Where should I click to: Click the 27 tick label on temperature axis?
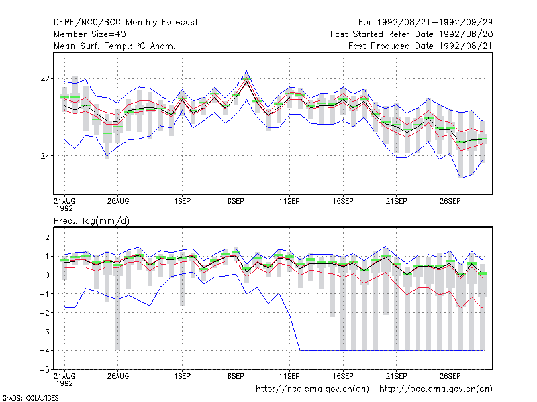tap(45, 78)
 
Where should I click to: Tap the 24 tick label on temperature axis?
tap(45, 156)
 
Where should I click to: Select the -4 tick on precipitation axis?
tap(45, 350)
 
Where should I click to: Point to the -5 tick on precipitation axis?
tap(45, 370)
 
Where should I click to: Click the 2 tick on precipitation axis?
tap(47, 237)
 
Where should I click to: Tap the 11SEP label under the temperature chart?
tap(289, 201)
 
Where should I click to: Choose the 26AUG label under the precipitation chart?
tap(118, 376)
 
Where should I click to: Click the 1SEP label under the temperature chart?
tap(182, 201)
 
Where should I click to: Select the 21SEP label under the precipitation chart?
tap(397, 376)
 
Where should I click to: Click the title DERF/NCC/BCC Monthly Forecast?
tap(126, 23)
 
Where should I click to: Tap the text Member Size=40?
tap(90, 34)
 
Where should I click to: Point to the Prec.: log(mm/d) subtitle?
tap(91, 221)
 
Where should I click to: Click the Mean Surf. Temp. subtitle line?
tap(115, 46)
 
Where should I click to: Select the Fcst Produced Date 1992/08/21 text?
tap(421, 46)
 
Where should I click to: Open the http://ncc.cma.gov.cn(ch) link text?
tap(313, 389)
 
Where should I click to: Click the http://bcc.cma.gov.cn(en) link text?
tap(436, 389)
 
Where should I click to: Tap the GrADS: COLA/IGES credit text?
tap(30, 398)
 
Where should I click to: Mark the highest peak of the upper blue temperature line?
tap(246, 71)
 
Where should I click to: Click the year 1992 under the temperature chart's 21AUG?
tap(64, 208)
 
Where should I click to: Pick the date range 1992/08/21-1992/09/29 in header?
tap(435, 23)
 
